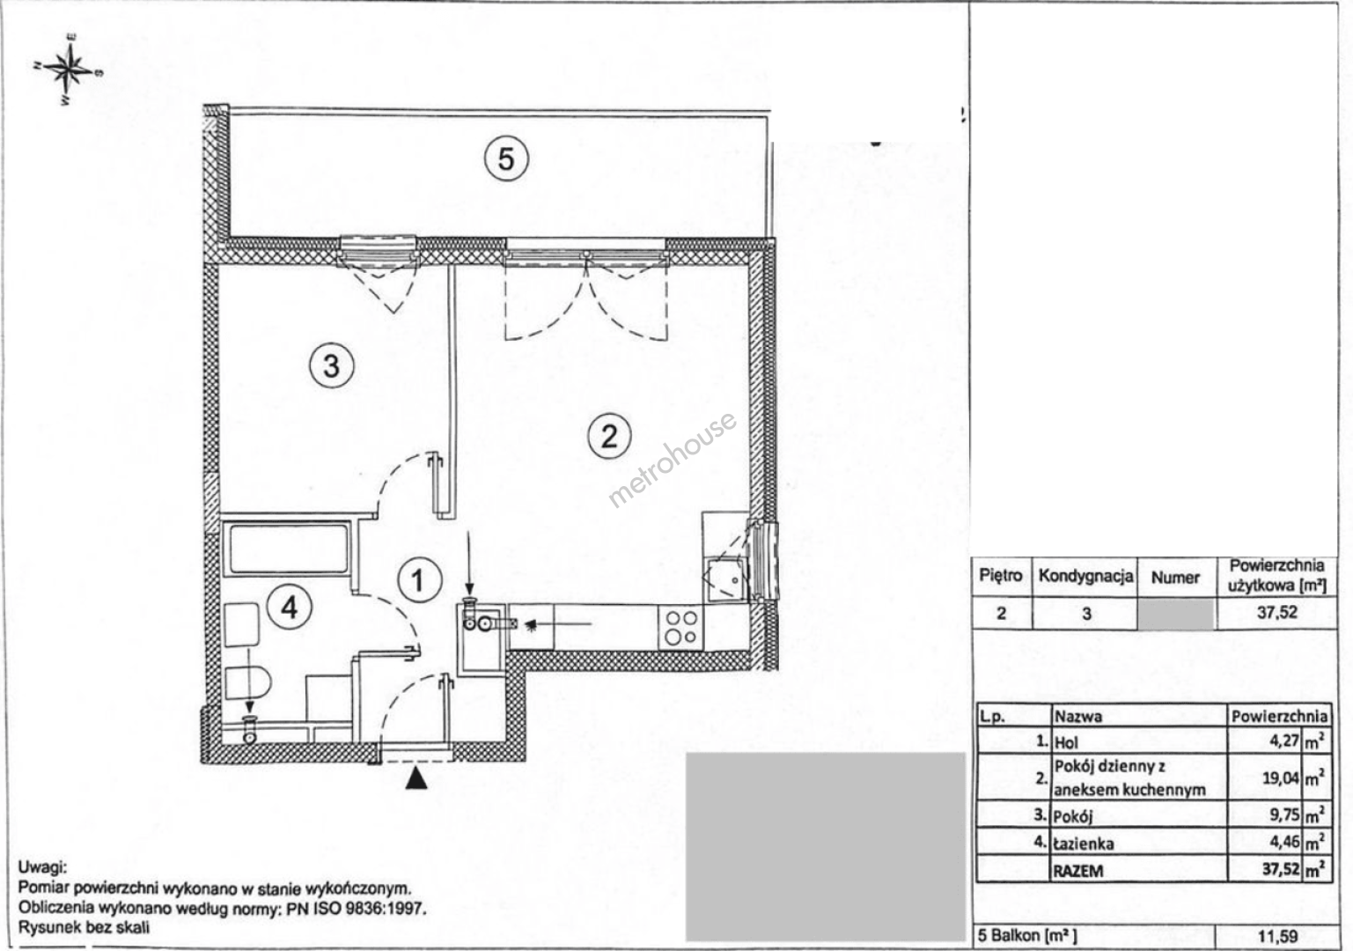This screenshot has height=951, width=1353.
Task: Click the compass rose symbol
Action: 69,70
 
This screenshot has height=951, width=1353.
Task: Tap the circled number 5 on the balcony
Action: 506,158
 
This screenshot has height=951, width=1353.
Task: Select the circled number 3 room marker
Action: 332,365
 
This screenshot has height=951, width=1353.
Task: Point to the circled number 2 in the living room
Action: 609,436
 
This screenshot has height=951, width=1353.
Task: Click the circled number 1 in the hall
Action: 419,580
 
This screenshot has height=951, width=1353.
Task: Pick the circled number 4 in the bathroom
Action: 290,607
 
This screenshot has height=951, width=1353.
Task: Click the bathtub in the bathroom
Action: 287,549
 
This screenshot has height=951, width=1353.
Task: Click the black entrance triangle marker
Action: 416,778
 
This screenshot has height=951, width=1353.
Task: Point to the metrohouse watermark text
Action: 672,459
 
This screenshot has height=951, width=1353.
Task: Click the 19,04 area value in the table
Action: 1281,778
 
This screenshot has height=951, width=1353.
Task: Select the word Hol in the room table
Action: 1067,742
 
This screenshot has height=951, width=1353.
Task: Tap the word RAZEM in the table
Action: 1078,871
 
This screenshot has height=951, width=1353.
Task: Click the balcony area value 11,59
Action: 1278,937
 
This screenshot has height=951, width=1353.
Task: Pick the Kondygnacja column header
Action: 1085,576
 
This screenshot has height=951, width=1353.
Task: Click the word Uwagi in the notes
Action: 42,868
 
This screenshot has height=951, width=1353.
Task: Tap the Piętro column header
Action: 1001,575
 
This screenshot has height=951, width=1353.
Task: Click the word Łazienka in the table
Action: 1084,844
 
